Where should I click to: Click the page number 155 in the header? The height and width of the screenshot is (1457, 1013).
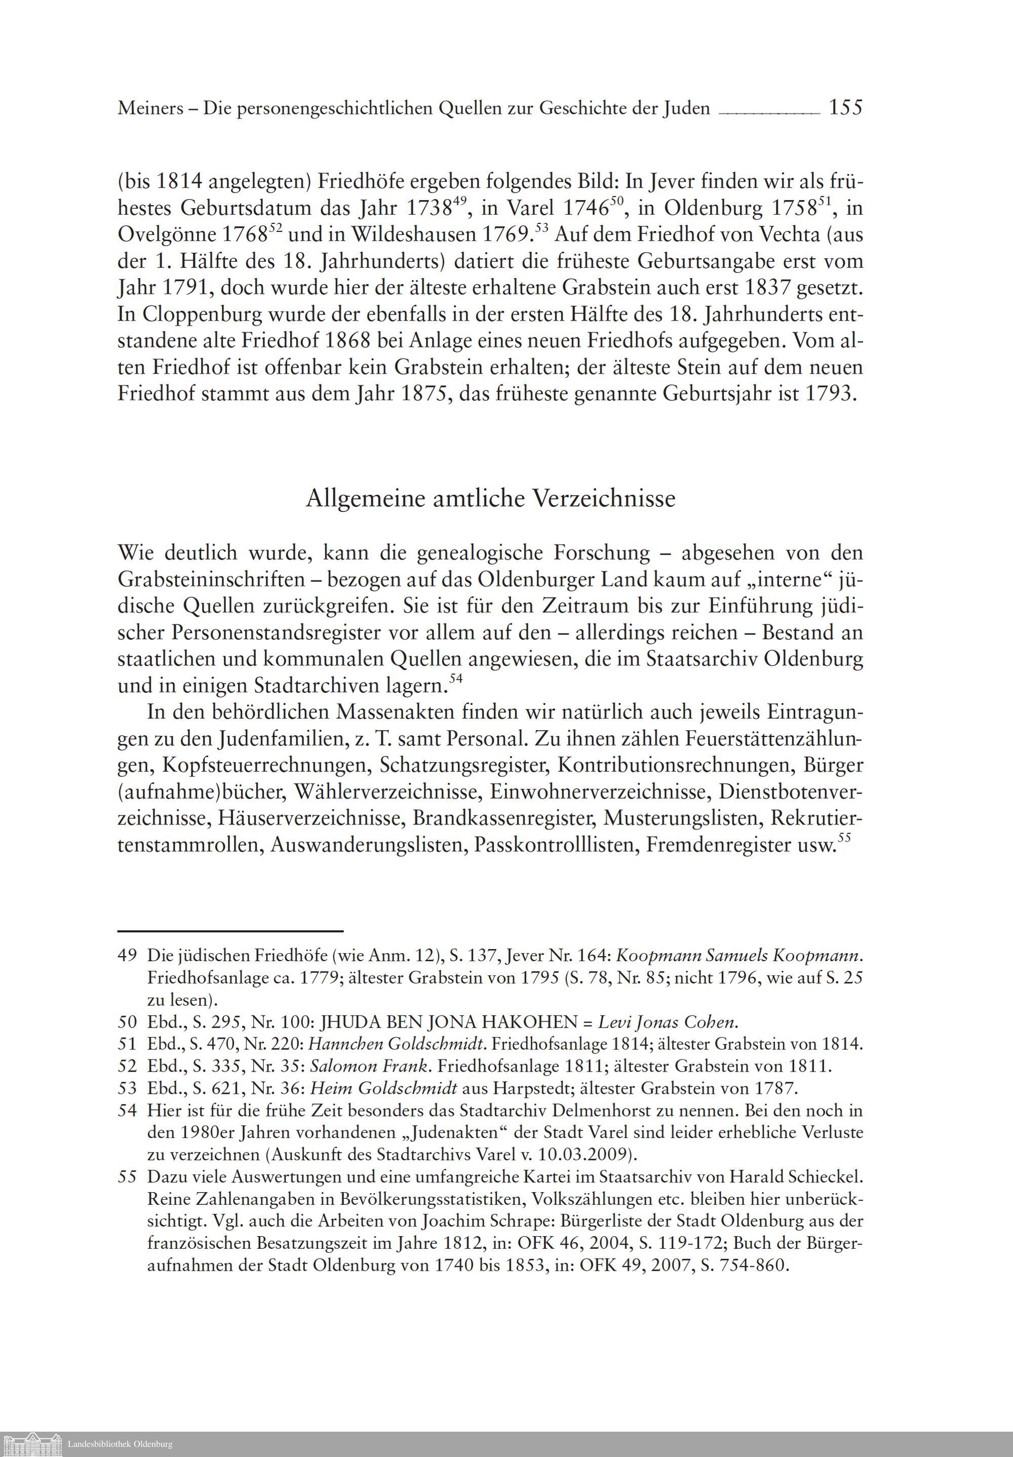(845, 108)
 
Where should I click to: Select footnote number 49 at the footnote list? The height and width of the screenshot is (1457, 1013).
(127, 955)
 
